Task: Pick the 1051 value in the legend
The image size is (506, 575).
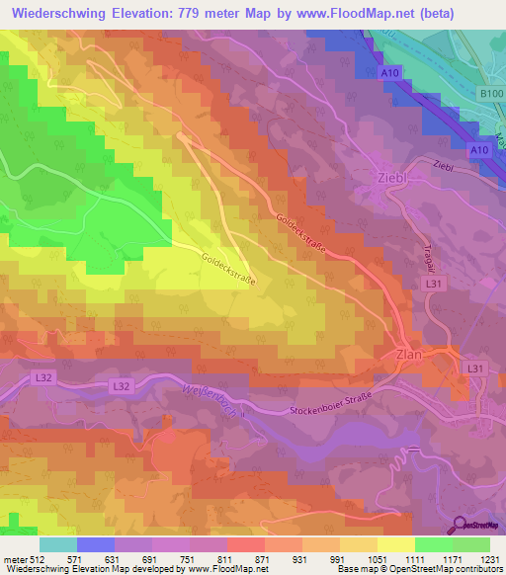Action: pos(376,558)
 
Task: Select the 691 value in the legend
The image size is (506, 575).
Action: pos(149,558)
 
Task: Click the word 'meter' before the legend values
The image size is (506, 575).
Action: pos(15,558)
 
